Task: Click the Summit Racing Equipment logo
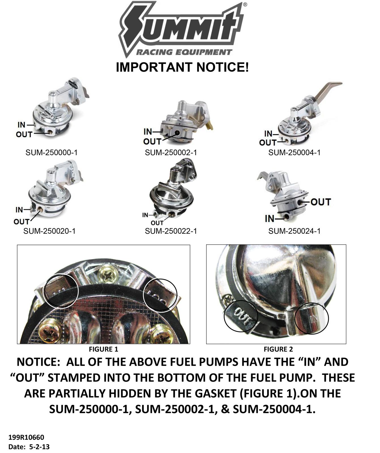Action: pos(183,30)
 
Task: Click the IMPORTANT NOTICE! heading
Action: pos(182,67)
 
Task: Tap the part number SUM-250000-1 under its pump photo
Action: pos(51,153)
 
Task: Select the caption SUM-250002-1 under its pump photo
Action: pos(171,153)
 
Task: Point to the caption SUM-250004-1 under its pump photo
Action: pos(294,153)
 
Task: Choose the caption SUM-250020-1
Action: pos(49,231)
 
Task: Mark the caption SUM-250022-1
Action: pos(171,231)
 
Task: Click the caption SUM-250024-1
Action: pos(294,231)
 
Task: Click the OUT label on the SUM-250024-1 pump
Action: pos(321,202)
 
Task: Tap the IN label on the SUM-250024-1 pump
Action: pos(270,219)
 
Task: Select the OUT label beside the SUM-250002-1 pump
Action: pos(152,141)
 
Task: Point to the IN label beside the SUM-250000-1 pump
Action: pos(22,125)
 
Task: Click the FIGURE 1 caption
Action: pos(103,349)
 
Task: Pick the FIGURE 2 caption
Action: pos(278,349)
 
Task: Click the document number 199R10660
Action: pos(26,437)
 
